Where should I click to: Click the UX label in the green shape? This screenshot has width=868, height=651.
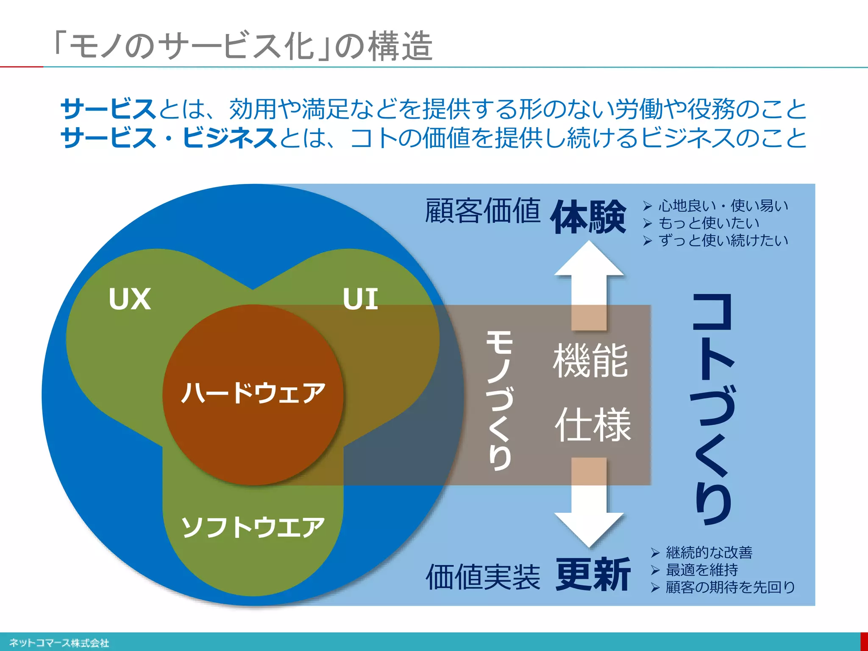click(x=130, y=299)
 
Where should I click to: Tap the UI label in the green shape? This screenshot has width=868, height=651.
click(x=360, y=299)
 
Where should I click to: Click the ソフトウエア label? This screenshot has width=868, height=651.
click(x=253, y=527)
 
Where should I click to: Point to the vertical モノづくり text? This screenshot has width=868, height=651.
click(x=500, y=401)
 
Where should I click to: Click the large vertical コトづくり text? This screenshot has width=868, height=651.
click(x=713, y=409)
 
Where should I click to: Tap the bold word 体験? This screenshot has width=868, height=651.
click(x=588, y=217)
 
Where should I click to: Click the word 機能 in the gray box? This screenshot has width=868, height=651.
click(x=590, y=361)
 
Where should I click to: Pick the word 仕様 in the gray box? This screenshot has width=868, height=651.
click(x=593, y=425)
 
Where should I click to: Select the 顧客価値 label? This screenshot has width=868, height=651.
click(x=483, y=211)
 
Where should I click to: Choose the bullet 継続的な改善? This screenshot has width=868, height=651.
click(x=709, y=552)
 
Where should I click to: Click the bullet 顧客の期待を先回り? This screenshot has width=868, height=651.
click(x=730, y=587)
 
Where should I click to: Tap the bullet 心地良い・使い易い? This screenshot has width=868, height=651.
click(x=723, y=206)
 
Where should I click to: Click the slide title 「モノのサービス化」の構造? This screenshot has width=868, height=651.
click(x=244, y=46)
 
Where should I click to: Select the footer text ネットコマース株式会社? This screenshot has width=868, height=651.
click(x=59, y=643)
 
